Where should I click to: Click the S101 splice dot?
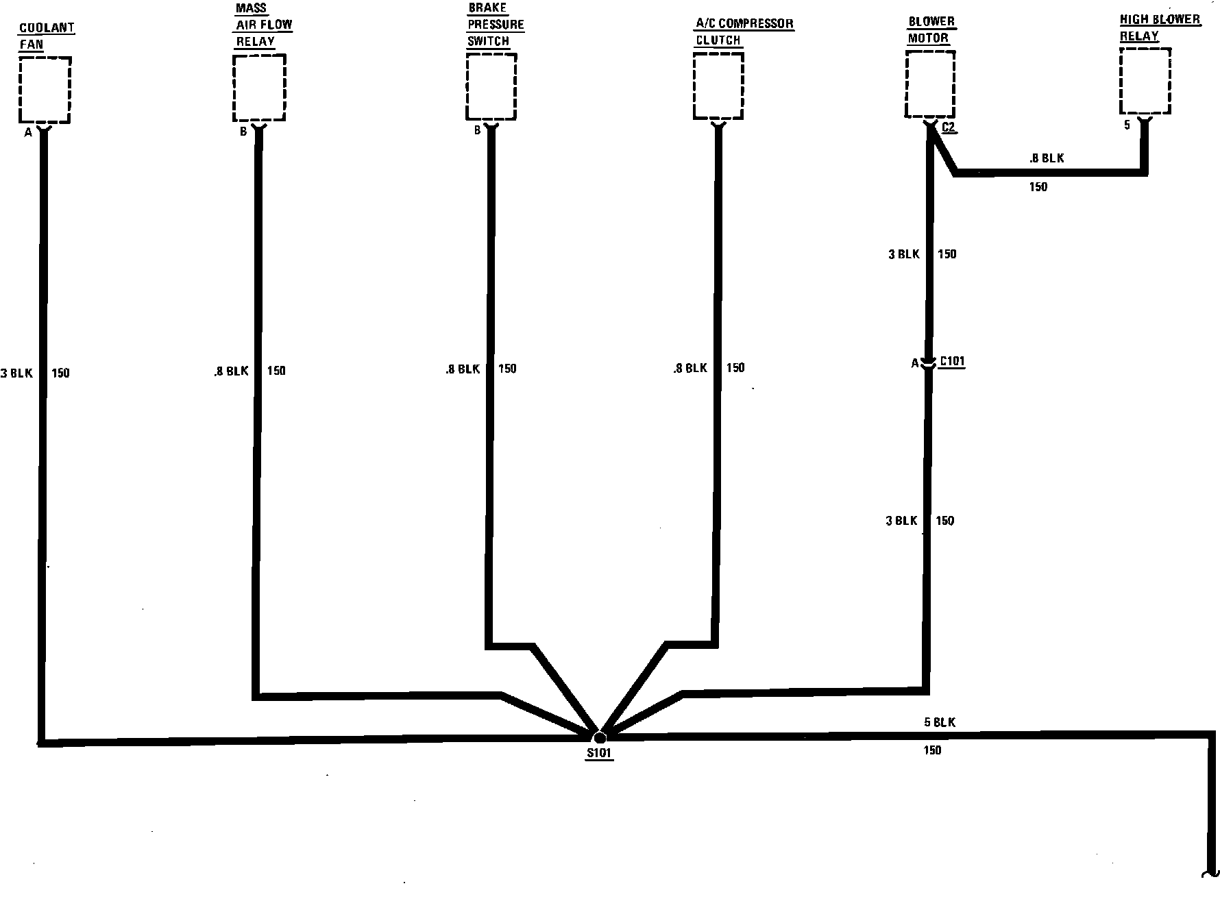pos(599,737)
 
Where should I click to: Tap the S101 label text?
pos(599,754)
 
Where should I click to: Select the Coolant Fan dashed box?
pos(45,90)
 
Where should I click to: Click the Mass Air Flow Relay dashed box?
pos(259,87)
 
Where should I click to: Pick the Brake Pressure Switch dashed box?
pos(491,86)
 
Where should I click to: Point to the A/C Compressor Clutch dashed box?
pos(718,86)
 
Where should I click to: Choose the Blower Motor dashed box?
pos(930,85)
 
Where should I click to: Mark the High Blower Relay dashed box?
pos(1145,81)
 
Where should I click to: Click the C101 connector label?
pos(953,362)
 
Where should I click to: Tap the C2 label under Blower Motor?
pos(949,127)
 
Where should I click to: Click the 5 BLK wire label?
pos(939,722)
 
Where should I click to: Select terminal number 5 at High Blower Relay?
pos(1127,126)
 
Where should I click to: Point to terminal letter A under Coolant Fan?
pos(28,133)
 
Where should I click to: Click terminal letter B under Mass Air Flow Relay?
pos(243,132)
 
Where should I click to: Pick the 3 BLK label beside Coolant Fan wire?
pos(16,373)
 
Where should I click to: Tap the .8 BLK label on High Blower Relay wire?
pos(1047,158)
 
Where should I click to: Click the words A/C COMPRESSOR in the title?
pos(744,24)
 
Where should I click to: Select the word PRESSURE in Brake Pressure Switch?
pos(496,25)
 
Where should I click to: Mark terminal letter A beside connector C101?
pos(914,364)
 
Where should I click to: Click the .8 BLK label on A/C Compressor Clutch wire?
pos(690,369)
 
